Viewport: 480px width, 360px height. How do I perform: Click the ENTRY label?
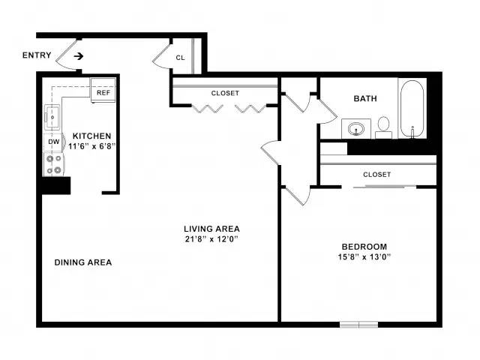click(37, 55)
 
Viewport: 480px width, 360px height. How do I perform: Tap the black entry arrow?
click(79, 56)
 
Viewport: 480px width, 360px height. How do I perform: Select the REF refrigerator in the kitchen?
click(103, 90)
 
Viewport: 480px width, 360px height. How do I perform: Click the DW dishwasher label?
click(54, 142)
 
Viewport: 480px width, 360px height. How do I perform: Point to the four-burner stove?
click(53, 165)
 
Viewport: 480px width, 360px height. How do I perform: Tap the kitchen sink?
click(52, 117)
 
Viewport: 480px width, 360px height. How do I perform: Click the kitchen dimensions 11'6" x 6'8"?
click(91, 146)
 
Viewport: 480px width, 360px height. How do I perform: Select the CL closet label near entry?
click(180, 58)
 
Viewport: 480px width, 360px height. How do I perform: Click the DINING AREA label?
click(83, 262)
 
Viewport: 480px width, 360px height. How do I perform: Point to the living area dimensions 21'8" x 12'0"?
click(211, 238)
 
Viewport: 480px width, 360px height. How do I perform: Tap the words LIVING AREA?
click(211, 229)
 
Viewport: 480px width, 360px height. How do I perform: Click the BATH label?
click(365, 98)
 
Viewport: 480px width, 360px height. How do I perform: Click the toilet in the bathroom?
click(383, 127)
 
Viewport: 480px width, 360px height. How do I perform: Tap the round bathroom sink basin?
click(356, 128)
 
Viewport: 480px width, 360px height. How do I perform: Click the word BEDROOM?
click(364, 247)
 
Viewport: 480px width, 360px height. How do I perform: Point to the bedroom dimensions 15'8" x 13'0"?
click(364, 256)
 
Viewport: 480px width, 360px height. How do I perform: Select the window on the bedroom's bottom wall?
click(359, 325)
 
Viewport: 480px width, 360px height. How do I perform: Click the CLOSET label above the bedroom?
click(376, 175)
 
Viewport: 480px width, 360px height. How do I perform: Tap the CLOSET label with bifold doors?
click(225, 93)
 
